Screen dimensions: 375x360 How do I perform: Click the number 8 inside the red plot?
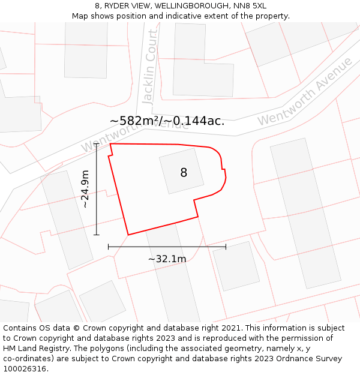tap(184, 173)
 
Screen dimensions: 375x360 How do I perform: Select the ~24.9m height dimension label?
tap(85, 189)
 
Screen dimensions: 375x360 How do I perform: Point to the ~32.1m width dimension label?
tap(167, 259)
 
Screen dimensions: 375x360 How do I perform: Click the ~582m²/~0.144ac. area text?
tap(167, 121)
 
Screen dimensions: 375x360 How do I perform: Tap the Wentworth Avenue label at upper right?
tap(305, 92)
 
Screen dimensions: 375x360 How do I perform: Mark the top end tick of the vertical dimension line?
tap(97, 144)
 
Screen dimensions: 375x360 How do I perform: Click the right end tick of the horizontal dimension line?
tap(226, 246)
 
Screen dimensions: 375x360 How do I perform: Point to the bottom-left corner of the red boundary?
tap(128, 235)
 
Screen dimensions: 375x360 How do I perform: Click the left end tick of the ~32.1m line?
tap(109, 246)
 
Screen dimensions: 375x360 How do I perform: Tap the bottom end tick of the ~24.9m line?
tap(97, 235)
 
